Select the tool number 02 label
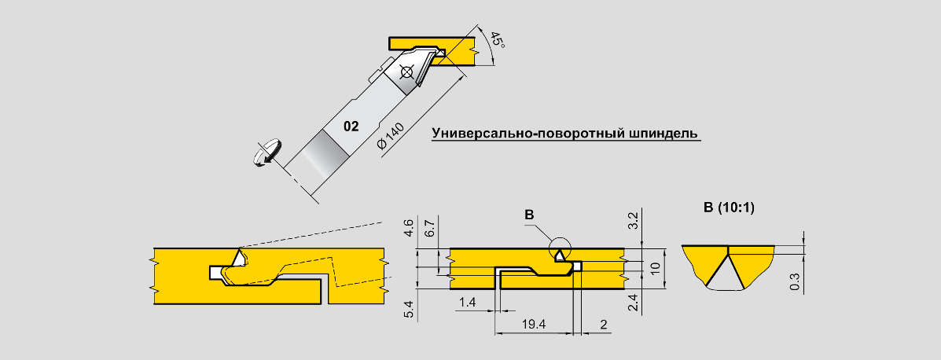[x=351, y=126]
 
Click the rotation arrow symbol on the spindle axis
[x=268, y=152]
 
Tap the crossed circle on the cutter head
[x=406, y=73]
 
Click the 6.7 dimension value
[x=429, y=229]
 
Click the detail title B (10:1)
[x=730, y=208]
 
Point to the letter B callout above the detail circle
[x=529, y=214]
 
